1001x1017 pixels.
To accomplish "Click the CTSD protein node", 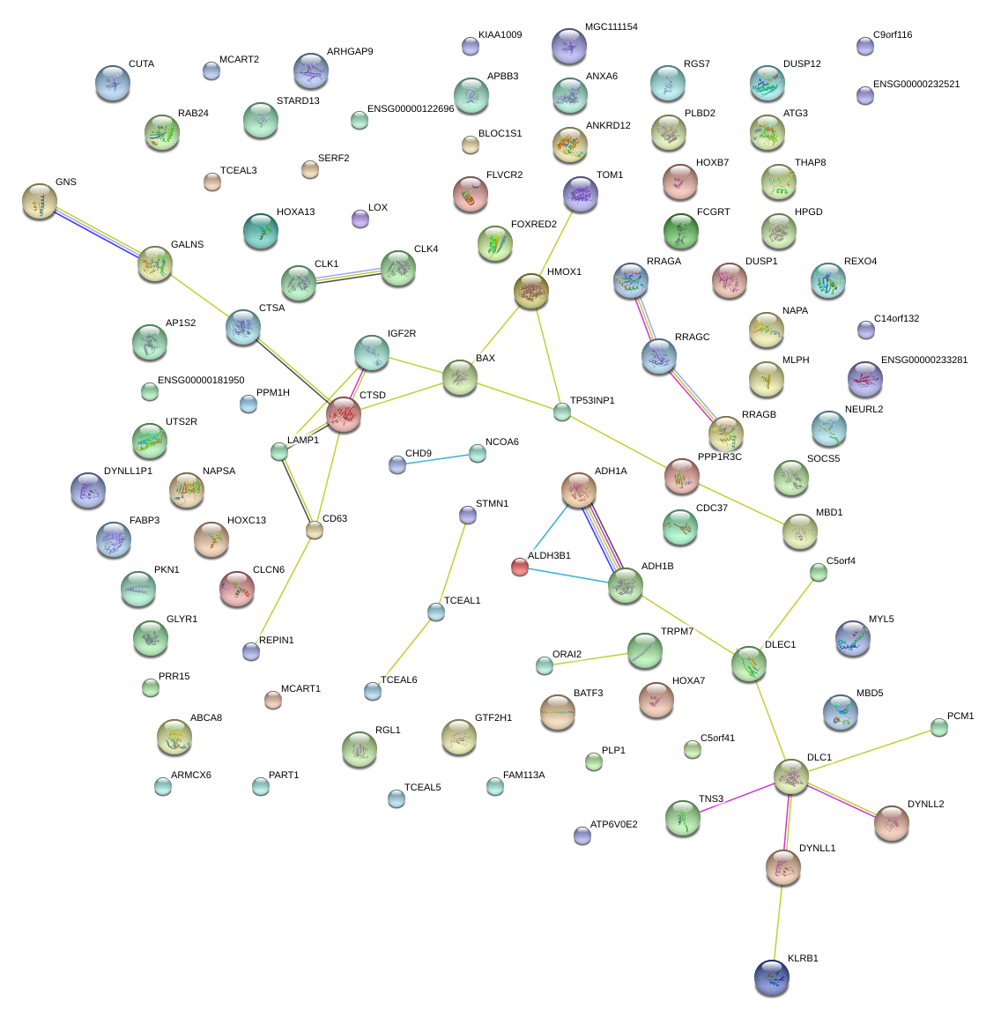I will click(x=344, y=413).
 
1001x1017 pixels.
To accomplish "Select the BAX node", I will click(x=459, y=376).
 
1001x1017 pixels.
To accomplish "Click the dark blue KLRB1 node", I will click(x=772, y=976).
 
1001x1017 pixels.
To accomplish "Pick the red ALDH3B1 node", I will click(x=520, y=567).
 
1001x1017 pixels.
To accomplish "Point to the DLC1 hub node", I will click(x=790, y=776).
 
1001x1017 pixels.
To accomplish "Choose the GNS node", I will click(x=40, y=201).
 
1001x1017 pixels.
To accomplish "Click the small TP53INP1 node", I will click(x=562, y=411).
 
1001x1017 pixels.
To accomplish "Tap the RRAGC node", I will click(x=659, y=355).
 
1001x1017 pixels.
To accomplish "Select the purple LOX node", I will click(x=360, y=218).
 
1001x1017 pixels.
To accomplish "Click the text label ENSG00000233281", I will click(x=924, y=360).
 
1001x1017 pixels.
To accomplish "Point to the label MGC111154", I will click(x=611, y=27).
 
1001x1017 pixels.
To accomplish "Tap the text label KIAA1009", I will click(x=500, y=35).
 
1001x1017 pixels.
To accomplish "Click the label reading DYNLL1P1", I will click(x=128, y=471).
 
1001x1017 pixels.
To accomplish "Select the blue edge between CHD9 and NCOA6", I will click(x=437, y=458).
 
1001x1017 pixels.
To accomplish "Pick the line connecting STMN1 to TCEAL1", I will click(x=452, y=562).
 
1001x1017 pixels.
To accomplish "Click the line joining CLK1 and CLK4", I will click(x=348, y=275).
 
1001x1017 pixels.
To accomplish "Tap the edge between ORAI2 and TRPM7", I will click(x=594, y=658).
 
